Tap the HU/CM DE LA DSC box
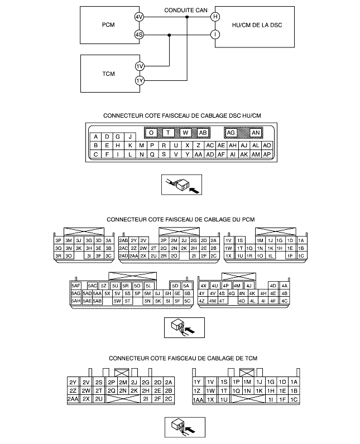pyautogui.click(x=255, y=27)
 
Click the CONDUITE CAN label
pyautogui.click(x=186, y=10)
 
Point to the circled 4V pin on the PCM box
pyautogui.click(x=139, y=17)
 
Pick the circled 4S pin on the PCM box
pyautogui.click(x=139, y=35)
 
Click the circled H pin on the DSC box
pyautogui.click(x=215, y=17)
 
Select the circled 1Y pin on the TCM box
pyautogui.click(x=140, y=81)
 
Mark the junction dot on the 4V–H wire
pyautogui.click(x=187, y=17)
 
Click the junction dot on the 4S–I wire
pyautogui.click(x=169, y=35)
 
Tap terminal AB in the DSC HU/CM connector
pyautogui.click(x=203, y=133)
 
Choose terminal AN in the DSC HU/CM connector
pyautogui.click(x=256, y=133)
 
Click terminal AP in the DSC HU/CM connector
pyautogui.click(x=267, y=155)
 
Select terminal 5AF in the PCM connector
pyautogui.click(x=75, y=286)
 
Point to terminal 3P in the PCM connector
pyautogui.click(x=59, y=240)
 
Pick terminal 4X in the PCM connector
pyautogui.click(x=203, y=286)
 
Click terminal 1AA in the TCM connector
pyautogui.click(x=198, y=399)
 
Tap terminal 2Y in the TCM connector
pyautogui.click(x=73, y=382)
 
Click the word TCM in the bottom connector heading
pyautogui.click(x=251, y=358)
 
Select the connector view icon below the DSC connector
pyautogui.click(x=181, y=185)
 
